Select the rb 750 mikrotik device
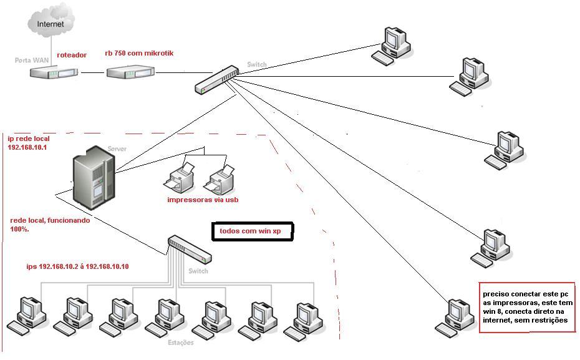click(129, 73)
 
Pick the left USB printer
click(178, 178)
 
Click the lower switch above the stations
click(189, 250)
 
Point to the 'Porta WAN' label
click(31, 61)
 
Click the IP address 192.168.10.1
click(28, 148)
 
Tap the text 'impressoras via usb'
click(203, 200)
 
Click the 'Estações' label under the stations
click(181, 343)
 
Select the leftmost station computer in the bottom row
click(27, 314)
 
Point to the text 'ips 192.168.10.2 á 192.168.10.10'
click(77, 266)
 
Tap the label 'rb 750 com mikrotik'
click(139, 54)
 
